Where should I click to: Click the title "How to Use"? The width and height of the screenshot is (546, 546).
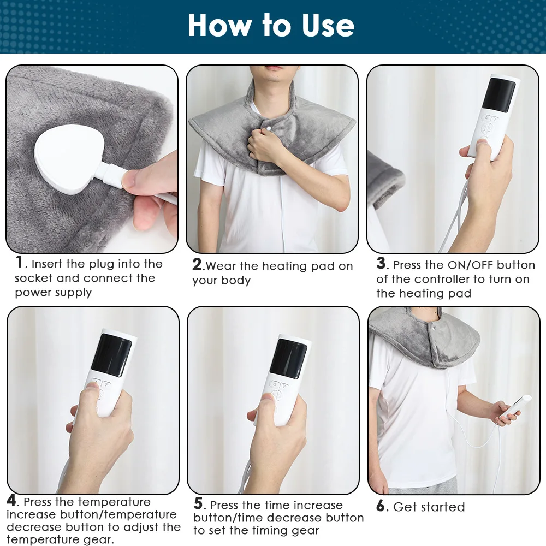[x=271, y=26]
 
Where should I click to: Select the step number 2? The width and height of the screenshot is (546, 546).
[x=197, y=265]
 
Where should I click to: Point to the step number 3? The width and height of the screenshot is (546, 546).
[x=381, y=264]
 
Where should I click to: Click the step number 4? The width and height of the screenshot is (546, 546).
[x=11, y=501]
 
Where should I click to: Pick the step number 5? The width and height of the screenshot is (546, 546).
[x=199, y=504]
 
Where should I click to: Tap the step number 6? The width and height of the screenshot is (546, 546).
[x=381, y=506]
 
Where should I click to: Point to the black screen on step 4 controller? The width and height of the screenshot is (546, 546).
[x=111, y=355]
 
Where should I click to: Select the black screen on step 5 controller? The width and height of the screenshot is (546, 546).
[x=288, y=358]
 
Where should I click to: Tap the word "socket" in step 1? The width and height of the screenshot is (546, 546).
[x=34, y=278]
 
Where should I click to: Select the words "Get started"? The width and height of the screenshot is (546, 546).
[x=429, y=507]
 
